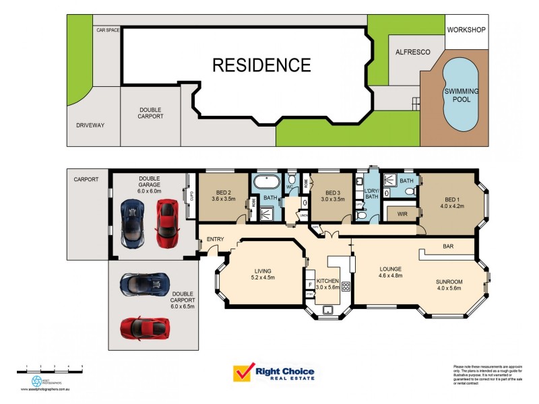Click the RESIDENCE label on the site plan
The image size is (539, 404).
[x=261, y=65]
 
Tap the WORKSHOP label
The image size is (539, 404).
[x=466, y=30]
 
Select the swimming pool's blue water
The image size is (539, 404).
[x=461, y=94]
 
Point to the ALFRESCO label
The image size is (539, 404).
[x=412, y=53]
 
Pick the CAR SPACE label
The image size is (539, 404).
[x=107, y=30]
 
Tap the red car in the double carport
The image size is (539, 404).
[x=143, y=328]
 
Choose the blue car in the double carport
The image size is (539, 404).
[x=143, y=285]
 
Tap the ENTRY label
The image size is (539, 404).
[x=216, y=239]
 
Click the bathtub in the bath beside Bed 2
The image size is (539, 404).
[x=265, y=182]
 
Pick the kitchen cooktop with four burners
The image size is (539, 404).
[x=346, y=285]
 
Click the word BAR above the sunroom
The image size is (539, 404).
[x=448, y=247]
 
